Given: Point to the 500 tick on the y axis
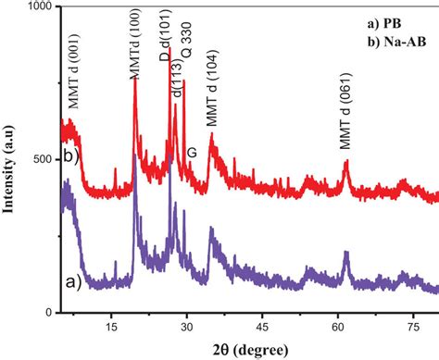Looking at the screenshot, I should click(x=44, y=158).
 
